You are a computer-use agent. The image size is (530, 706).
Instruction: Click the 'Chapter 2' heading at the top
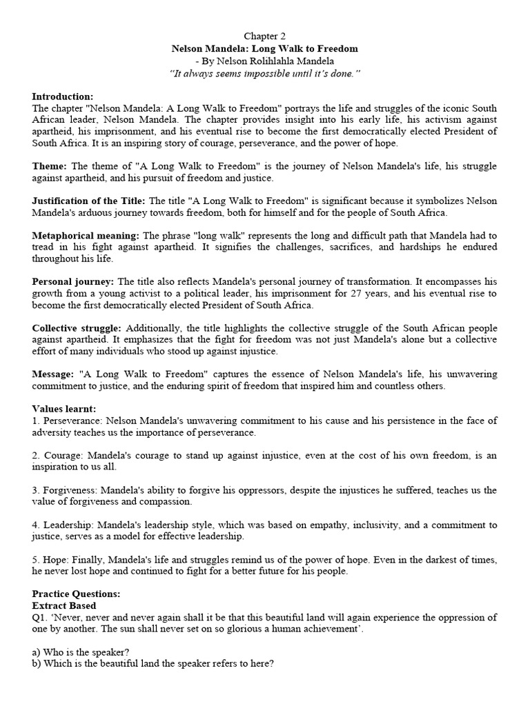[x=265, y=36]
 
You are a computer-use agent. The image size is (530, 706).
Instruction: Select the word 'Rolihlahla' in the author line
[x=293, y=61]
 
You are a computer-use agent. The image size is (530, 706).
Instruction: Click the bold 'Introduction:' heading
[x=62, y=97]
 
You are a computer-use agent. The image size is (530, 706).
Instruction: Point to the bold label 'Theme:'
[x=49, y=167]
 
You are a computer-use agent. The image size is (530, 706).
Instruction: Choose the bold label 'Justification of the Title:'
[x=89, y=201]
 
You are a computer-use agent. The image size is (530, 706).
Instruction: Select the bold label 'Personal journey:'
[x=74, y=281]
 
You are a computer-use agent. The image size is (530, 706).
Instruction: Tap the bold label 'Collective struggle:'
[x=77, y=327]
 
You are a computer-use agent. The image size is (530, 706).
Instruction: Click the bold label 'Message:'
[x=54, y=374]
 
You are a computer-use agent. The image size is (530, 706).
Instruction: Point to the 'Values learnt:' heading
[x=64, y=409]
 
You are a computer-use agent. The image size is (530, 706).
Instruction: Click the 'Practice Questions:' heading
[x=75, y=594]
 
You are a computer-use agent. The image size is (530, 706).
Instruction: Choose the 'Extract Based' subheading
[x=63, y=605]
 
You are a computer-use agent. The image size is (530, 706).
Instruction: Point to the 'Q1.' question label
[x=40, y=617]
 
